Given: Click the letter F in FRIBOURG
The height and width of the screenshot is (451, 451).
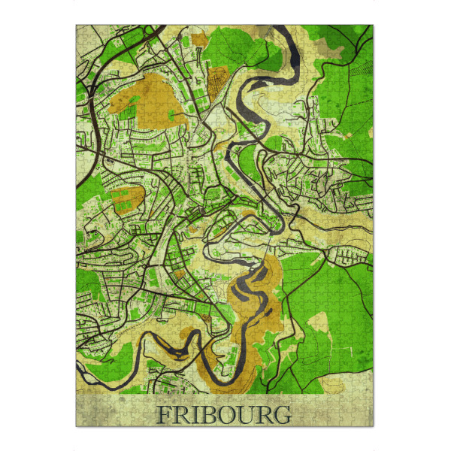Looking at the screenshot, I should (x=163, y=414).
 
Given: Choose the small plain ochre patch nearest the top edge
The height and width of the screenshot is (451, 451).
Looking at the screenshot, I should (x=200, y=39).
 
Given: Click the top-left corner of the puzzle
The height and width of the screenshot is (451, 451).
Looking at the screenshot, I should (x=77, y=26).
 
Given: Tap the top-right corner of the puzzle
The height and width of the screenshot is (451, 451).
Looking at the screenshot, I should (x=374, y=26).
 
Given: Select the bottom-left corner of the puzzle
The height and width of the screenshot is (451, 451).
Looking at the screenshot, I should (x=77, y=427).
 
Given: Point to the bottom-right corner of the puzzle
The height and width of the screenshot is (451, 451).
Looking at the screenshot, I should (x=374, y=427).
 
